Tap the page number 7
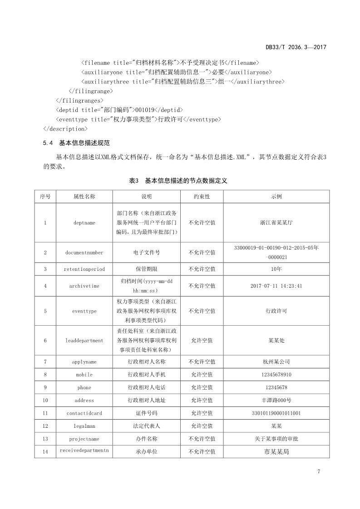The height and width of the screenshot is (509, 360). coord(319,471)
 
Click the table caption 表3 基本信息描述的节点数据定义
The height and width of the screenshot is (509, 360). coord(178,181)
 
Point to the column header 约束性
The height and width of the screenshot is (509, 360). coord(202,197)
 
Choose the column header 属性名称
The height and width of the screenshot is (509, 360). coord(84,197)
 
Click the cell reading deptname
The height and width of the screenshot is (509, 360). coord(84,223)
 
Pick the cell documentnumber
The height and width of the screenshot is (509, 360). coord(84,253)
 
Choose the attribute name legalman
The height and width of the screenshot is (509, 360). coord(84,426)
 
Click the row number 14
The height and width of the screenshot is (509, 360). coord(45,452)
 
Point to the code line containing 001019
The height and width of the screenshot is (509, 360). coord(119,110)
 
